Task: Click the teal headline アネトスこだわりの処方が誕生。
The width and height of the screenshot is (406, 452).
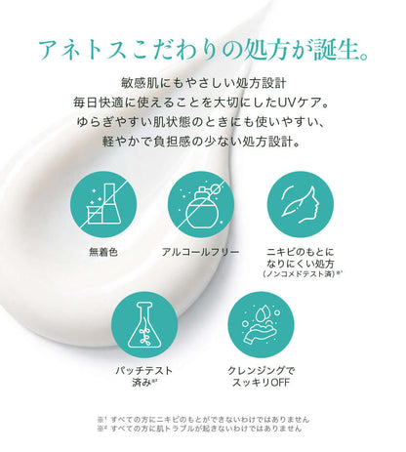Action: pyautogui.click(x=203, y=51)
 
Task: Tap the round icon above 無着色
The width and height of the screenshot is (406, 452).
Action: pyautogui.click(x=103, y=205)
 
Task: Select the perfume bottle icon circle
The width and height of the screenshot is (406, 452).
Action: pyautogui.click(x=201, y=205)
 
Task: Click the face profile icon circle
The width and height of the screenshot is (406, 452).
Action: pyautogui.click(x=301, y=205)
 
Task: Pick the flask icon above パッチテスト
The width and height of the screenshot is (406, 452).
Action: pyautogui.click(x=144, y=325)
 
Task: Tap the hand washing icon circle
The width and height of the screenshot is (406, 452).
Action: pyautogui.click(x=261, y=325)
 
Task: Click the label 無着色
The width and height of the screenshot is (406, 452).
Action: pyautogui.click(x=103, y=252)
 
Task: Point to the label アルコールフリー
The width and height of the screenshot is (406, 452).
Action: pyautogui.click(x=201, y=252)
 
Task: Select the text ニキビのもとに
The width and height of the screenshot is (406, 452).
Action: pyautogui.click(x=301, y=252)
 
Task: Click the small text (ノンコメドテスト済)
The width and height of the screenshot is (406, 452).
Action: pyautogui.click(x=300, y=274)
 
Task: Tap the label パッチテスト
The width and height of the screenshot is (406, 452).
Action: pyautogui.click(x=144, y=371)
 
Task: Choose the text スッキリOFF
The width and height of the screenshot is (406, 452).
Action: pyautogui.click(x=261, y=383)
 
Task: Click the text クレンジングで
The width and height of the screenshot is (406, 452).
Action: pyautogui.click(x=261, y=371)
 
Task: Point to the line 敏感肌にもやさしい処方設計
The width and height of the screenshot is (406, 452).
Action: pyautogui.click(x=204, y=83)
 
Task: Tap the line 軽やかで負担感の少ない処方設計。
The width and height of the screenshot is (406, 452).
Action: pyautogui.click(x=201, y=142)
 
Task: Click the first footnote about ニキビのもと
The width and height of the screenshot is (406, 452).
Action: pyautogui.click(x=204, y=419)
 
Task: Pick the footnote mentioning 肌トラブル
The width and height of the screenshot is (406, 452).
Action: pyautogui.click(x=200, y=429)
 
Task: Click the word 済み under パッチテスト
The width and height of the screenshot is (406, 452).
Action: pyautogui.click(x=142, y=383)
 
